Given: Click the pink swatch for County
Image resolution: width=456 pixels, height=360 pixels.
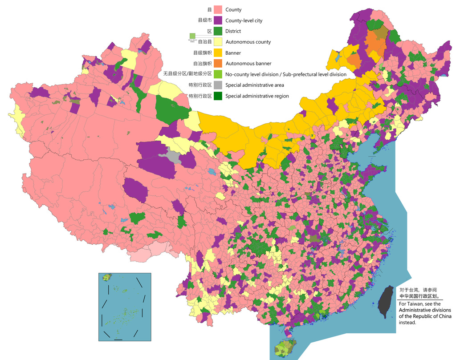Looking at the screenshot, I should point(218,9).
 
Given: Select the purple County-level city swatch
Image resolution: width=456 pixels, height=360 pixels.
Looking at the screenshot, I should point(218,20).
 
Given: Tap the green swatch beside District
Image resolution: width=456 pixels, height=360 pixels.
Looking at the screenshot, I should point(218,31).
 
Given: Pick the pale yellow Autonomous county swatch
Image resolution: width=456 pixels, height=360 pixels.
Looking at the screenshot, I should point(218,42).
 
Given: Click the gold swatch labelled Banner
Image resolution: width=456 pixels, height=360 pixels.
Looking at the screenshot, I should point(218,53).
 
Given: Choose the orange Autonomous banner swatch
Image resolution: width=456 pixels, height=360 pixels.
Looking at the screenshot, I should point(218,64).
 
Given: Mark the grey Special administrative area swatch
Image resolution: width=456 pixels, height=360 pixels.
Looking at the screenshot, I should point(218,85).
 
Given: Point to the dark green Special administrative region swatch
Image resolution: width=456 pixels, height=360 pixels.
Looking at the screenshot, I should point(218,96).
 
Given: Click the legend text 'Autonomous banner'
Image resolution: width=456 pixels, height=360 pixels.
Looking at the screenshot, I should point(248,64).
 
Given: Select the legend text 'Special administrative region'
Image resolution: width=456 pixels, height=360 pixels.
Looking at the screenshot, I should point(257,96).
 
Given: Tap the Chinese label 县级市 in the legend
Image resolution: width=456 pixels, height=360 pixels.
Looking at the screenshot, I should point(204,20).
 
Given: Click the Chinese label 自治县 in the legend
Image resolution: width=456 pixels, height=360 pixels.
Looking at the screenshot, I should point(204,42).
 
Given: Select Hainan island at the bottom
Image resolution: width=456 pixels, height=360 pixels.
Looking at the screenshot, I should point(286,348).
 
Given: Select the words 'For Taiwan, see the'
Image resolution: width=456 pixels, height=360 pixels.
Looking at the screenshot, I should point(420,304).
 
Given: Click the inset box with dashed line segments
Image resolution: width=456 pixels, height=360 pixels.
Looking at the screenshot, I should point(125,307).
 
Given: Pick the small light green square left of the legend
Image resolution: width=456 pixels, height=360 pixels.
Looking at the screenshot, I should point(192,36).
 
